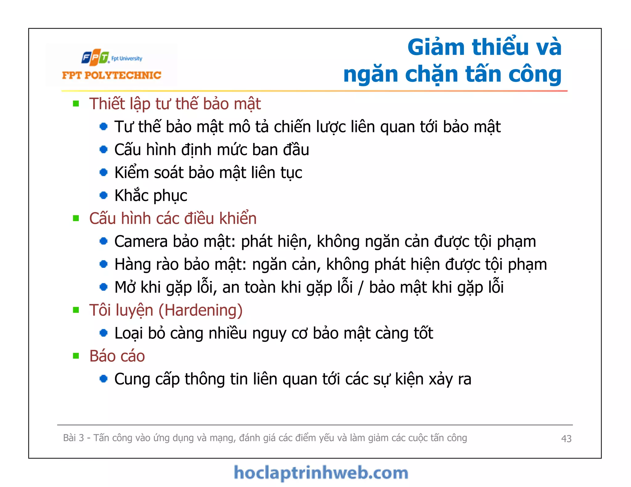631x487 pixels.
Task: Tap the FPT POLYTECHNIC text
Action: tap(112, 75)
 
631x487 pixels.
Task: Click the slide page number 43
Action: tap(566, 438)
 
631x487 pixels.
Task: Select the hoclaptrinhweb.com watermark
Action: tap(321, 473)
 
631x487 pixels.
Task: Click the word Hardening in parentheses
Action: tap(201, 310)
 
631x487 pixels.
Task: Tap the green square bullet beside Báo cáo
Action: tap(76, 356)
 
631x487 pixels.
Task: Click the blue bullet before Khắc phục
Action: tap(104, 195)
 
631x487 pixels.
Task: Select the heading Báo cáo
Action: tap(117, 356)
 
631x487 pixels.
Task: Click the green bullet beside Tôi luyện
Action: tap(76, 310)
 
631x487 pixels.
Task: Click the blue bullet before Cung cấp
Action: tap(104, 379)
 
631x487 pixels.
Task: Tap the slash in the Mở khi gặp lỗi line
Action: tap(361, 288)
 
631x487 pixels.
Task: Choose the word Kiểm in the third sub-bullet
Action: tap(132, 172)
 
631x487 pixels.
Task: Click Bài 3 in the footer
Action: tap(73, 438)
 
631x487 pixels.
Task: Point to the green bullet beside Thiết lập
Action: tap(76, 103)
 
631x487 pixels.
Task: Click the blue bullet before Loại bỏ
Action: tap(104, 333)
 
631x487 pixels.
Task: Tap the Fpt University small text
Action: tap(127, 58)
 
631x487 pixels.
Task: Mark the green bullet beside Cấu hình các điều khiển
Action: tap(76, 218)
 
